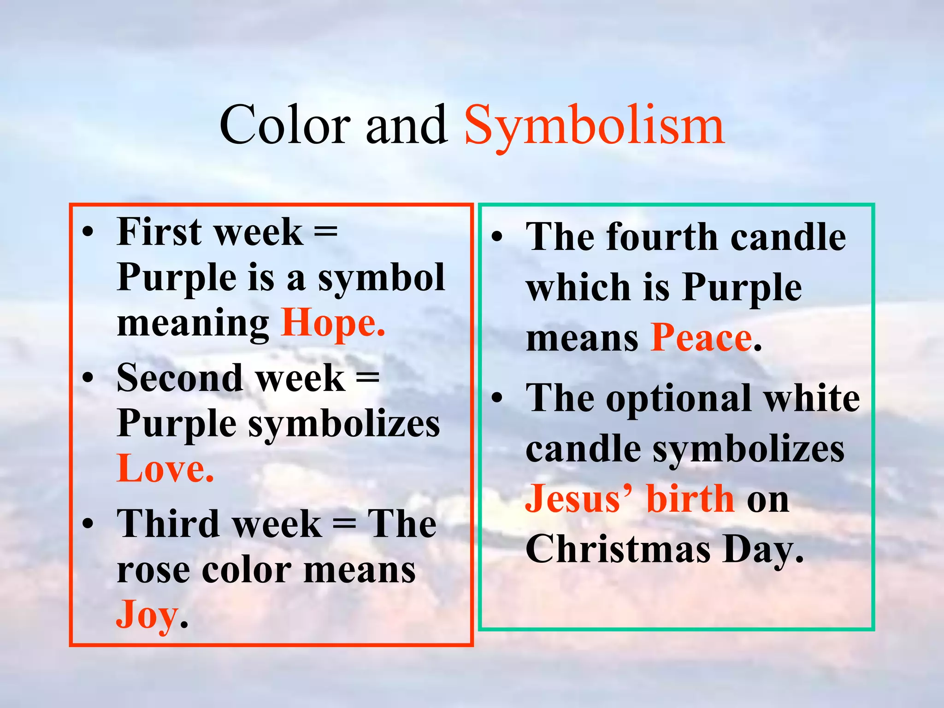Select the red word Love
click(165, 469)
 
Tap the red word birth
click(690, 499)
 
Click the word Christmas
click(618, 549)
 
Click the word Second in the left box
click(179, 378)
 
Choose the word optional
click(678, 399)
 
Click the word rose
click(152, 570)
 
